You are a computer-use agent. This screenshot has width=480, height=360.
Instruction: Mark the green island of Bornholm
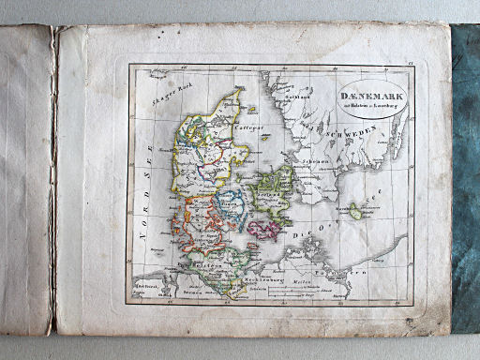coord(357,215)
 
